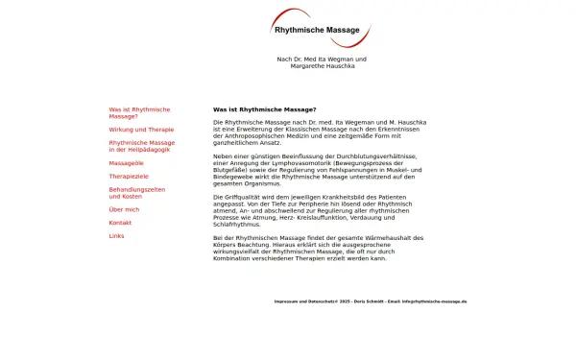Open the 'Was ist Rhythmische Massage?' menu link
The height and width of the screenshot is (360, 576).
[x=139, y=112]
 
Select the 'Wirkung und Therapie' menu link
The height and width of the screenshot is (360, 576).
[x=141, y=129]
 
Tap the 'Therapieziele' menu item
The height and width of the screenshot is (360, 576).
[x=130, y=177]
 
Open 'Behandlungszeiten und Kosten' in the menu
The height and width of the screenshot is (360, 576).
[x=136, y=193]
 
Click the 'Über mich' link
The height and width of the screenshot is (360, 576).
[x=124, y=208]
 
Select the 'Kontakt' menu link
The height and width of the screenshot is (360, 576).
[x=120, y=222]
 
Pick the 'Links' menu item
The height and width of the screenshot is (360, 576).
[x=116, y=235]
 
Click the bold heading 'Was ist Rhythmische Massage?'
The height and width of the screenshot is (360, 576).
[x=264, y=109]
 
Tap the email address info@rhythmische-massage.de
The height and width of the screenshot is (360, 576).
[x=434, y=300]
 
